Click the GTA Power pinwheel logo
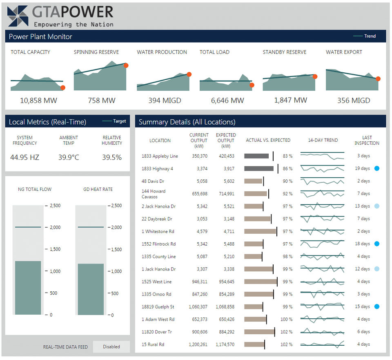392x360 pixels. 18,16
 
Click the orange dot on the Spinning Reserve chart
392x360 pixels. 126,65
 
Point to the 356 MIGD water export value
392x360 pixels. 354,100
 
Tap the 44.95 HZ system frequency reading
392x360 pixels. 25,157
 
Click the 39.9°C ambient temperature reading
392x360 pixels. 69,157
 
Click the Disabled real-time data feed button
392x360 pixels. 111,347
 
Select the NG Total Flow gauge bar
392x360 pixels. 28,288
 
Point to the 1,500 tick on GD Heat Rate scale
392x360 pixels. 118,249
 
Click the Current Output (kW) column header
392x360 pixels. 199,140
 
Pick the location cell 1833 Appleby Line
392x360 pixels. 160,156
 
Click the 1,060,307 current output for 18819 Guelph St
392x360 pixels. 198,306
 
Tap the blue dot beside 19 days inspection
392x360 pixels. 377,168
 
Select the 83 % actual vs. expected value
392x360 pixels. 287,156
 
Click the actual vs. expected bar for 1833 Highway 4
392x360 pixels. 259,168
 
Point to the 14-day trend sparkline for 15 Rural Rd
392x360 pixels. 322,344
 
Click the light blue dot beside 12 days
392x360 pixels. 377,269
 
